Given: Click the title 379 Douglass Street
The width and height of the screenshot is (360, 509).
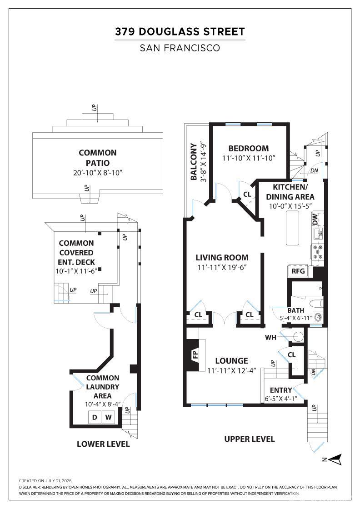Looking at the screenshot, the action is tap(180, 32).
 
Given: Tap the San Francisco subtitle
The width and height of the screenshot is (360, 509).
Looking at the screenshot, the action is tap(180, 48).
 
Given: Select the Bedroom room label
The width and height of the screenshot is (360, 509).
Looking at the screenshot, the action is tap(249, 148).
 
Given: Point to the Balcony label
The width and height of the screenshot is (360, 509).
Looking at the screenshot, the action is tap(194, 162).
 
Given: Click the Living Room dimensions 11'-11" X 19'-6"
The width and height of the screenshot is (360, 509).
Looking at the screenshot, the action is tap(222, 268).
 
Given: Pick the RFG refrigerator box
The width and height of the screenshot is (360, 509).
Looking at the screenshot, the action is tap(298, 271).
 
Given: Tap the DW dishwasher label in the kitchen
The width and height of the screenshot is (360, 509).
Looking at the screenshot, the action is tap(315, 220).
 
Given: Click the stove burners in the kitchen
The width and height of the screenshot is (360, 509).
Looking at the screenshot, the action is tap(318, 252).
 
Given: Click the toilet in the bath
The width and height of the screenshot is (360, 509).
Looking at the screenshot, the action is tap(315, 304).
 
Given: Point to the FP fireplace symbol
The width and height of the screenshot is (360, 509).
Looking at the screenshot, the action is tap(195, 355).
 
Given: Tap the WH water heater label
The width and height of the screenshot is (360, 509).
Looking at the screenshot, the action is tap(271, 338).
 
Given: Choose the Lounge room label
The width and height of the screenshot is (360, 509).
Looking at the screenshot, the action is tap(232, 361).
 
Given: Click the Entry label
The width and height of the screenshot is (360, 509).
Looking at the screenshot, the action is tap(281, 390).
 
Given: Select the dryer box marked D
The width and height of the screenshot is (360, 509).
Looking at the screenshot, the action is tap(95, 417).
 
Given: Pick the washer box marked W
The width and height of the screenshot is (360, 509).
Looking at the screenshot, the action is tap(109, 417).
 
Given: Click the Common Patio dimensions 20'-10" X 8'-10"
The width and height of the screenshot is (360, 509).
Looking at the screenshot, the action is tap(98, 173).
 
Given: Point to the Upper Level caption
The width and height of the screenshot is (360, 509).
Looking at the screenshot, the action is tap(250, 439).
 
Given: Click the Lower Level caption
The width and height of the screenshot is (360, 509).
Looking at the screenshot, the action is tap(103, 444).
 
